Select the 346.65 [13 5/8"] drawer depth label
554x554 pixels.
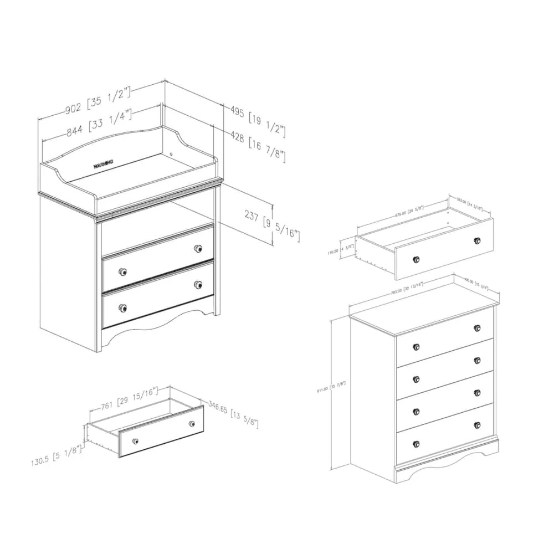(233, 416)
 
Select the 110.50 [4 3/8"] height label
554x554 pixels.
(340, 250)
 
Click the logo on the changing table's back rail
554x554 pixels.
(104, 163)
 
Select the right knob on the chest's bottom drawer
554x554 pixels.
(477, 425)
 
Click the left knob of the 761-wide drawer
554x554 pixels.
(135, 441)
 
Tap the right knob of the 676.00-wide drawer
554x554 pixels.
(477, 240)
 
